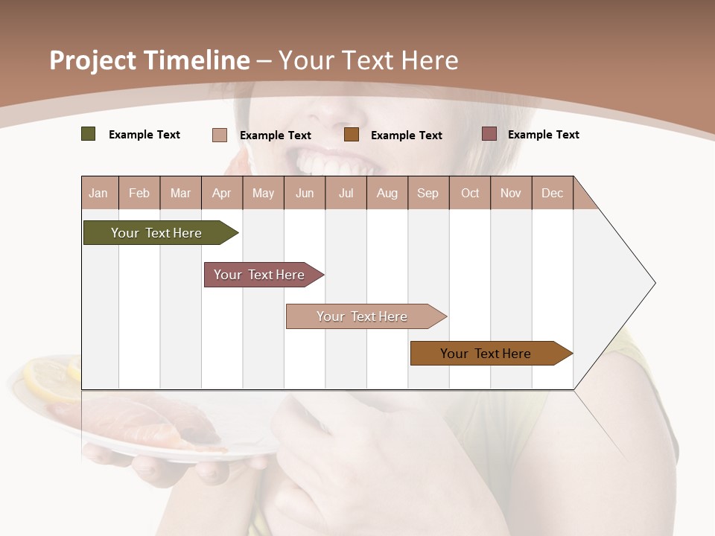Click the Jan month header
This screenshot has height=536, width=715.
pos(98,193)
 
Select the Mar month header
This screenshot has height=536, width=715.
pos(180,193)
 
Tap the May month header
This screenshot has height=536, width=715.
pos(263,193)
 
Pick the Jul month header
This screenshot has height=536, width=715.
pos(346,193)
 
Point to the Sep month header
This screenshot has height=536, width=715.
pos(428,193)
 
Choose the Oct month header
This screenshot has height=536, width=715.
pos(470,193)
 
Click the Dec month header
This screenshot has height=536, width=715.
pos(552,193)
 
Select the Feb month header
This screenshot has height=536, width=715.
pos(139,193)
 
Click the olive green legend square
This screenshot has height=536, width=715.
pos(89,134)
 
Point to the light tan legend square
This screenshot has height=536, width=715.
pos(220,135)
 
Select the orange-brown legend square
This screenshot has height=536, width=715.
pos(352,135)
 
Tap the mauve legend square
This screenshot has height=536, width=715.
pos(489,134)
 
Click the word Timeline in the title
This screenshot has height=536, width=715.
pos(194,60)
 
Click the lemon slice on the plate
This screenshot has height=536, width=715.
pos(48,376)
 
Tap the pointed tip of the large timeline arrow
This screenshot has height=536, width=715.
pos(654,283)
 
